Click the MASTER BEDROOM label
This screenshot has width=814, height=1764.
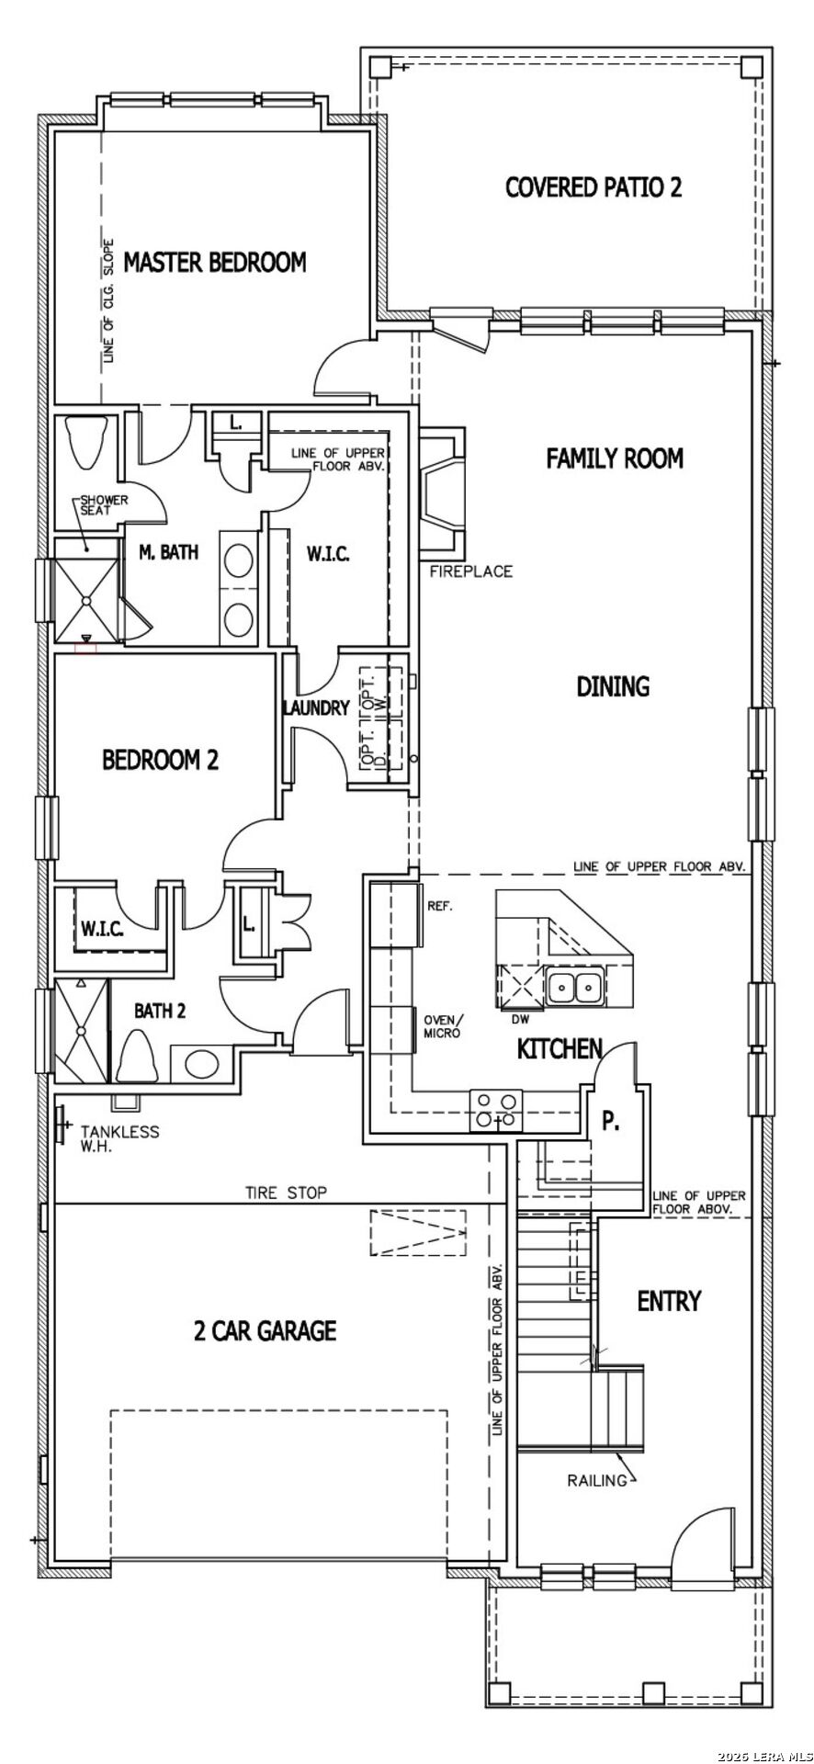(214, 263)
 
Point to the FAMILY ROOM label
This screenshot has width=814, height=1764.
(615, 458)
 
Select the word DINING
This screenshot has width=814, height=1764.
(613, 686)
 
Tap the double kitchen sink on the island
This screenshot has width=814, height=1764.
(574, 988)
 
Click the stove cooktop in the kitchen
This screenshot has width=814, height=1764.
(496, 1110)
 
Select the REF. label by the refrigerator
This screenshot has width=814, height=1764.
(441, 906)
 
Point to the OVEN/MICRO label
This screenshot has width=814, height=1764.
(445, 1026)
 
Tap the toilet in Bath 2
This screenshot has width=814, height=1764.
(136, 1057)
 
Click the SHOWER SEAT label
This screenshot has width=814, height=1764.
(103, 505)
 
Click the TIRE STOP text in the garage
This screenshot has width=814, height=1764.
(286, 1193)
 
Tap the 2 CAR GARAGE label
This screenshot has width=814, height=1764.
(265, 1330)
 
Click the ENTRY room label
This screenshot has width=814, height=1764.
(669, 1301)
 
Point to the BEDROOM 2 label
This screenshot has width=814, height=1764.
(160, 760)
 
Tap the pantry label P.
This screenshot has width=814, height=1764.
(609, 1120)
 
